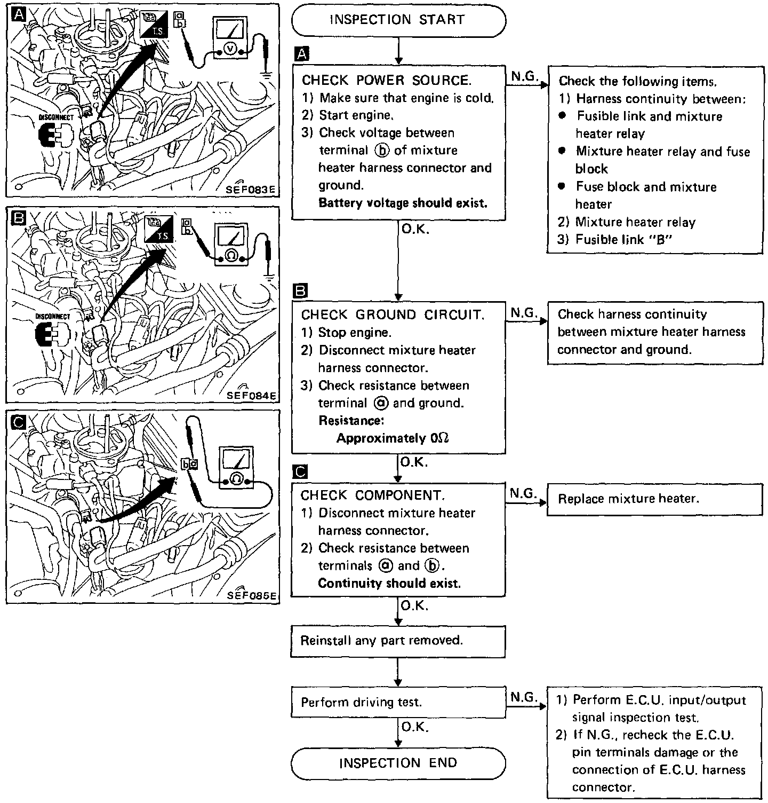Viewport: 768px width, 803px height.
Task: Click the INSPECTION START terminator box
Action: (398, 20)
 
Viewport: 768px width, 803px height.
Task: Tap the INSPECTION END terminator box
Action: (398, 763)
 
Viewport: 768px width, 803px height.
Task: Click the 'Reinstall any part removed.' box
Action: (398, 641)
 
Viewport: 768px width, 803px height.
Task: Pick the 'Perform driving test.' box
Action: (398, 703)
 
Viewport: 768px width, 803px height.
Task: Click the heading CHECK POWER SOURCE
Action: (386, 81)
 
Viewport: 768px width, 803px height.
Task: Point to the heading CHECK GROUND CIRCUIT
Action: (393, 315)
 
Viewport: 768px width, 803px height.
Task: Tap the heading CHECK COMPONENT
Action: (372, 495)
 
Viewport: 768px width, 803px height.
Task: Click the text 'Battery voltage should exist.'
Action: (403, 203)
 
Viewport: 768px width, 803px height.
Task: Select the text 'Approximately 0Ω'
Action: (393, 438)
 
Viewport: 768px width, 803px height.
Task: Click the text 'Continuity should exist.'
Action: (389, 584)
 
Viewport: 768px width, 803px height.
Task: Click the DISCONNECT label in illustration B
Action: (52, 317)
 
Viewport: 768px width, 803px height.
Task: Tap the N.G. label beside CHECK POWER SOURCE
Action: (524, 76)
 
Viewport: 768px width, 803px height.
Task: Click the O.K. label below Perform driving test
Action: (414, 727)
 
